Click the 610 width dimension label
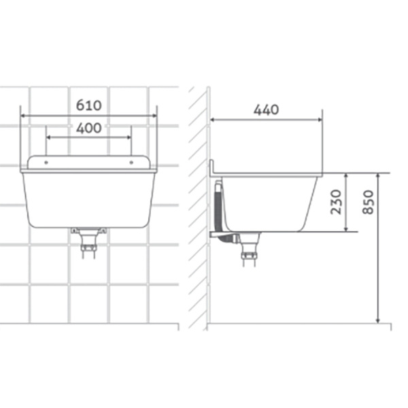pos(88,105)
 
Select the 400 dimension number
pos(88,128)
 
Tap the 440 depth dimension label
pos(266,109)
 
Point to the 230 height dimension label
pos(336,202)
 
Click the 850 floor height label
pos(368,202)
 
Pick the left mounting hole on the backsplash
pos(46,163)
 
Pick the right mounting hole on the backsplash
pos(131,163)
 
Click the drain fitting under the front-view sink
pos(88,243)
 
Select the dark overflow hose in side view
pos(218,208)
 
